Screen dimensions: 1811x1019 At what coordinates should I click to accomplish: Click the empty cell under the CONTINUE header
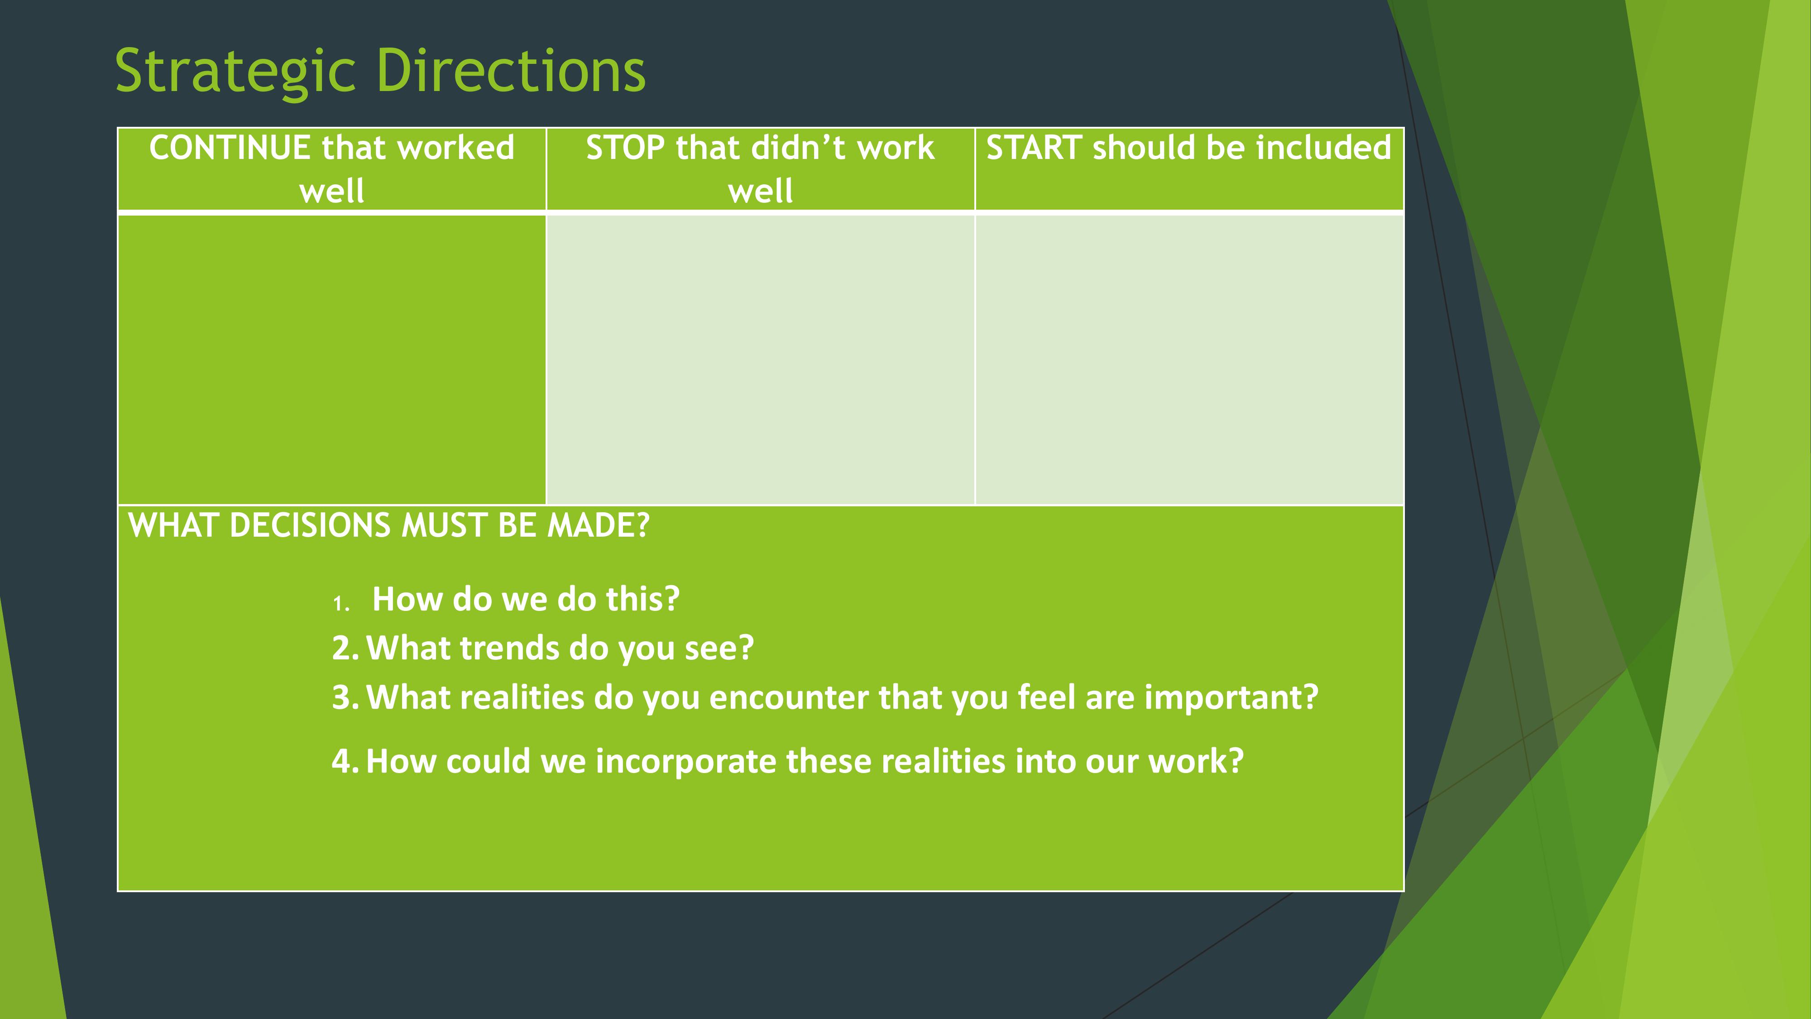click(x=332, y=359)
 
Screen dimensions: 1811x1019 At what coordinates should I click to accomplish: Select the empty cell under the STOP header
click(x=760, y=359)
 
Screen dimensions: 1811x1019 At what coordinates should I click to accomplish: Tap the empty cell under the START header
click(x=1189, y=359)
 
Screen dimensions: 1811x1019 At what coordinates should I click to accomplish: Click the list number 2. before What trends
click(x=345, y=648)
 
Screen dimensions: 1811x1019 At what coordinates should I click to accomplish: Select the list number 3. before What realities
click(x=345, y=697)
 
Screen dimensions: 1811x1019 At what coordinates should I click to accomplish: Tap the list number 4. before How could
click(x=345, y=761)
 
